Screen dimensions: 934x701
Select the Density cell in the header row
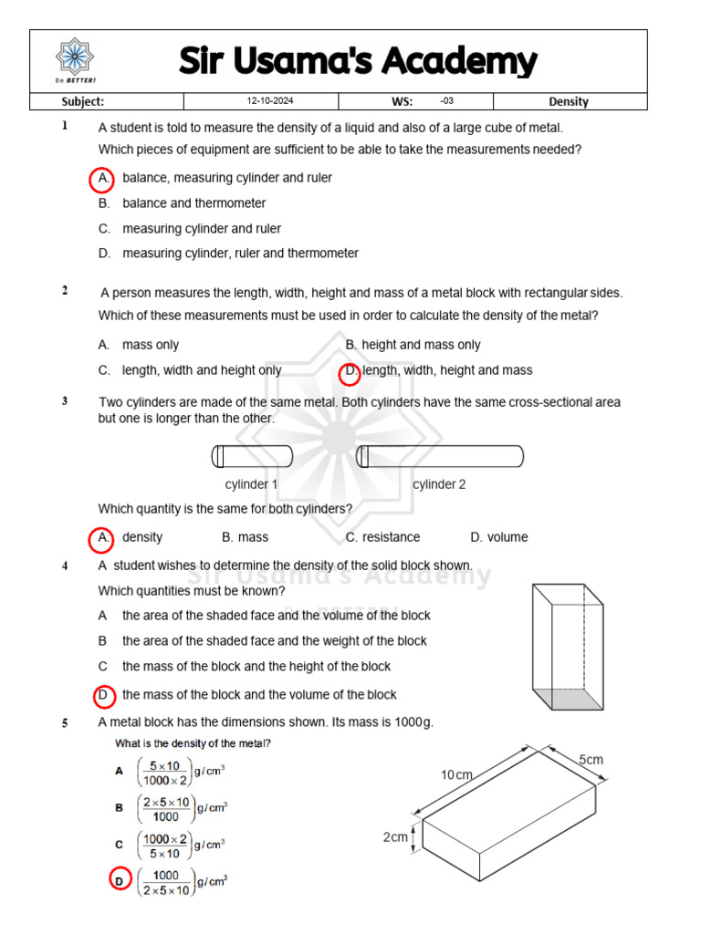pos(568,101)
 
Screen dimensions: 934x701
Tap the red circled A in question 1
pos(103,179)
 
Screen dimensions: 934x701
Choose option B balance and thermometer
pos(194,203)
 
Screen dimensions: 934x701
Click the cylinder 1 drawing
pos(252,455)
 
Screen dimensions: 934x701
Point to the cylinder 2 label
pos(439,484)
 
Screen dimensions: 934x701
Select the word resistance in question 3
pos(391,537)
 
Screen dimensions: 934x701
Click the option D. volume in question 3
pos(498,537)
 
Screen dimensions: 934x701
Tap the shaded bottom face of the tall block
pos(568,700)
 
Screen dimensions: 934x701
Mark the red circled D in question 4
pos(104,696)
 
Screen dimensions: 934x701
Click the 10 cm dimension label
pos(457,775)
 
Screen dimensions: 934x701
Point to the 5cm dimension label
pos(591,760)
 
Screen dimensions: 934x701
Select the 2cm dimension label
pos(394,836)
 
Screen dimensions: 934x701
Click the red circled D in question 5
pos(119,881)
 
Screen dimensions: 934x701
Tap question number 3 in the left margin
pos(65,400)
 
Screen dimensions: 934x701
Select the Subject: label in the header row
pos(82,101)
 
